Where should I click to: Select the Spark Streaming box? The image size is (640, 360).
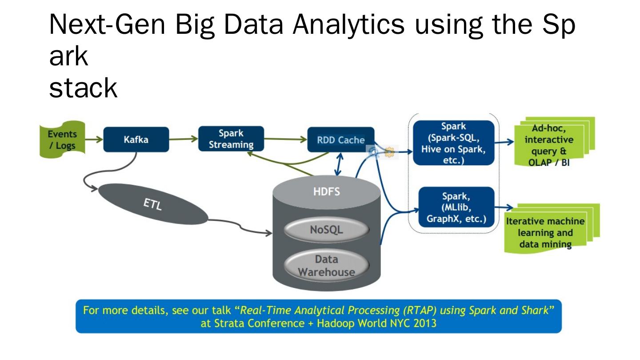[x=231, y=139]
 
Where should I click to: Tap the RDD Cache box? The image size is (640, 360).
[x=341, y=140]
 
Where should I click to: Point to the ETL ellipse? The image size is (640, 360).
[x=152, y=205]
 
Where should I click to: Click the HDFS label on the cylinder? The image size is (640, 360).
[x=327, y=192]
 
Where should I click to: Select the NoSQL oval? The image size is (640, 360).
[x=327, y=230]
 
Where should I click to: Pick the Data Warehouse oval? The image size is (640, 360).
[x=327, y=265]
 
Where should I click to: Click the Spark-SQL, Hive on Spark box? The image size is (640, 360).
[x=453, y=143]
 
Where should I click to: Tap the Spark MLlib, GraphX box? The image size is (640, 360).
[x=456, y=208]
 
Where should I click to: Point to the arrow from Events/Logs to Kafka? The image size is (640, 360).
[x=93, y=140]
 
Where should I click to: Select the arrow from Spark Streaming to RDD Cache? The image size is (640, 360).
[x=286, y=139]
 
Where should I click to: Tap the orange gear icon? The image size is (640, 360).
[x=389, y=152]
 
